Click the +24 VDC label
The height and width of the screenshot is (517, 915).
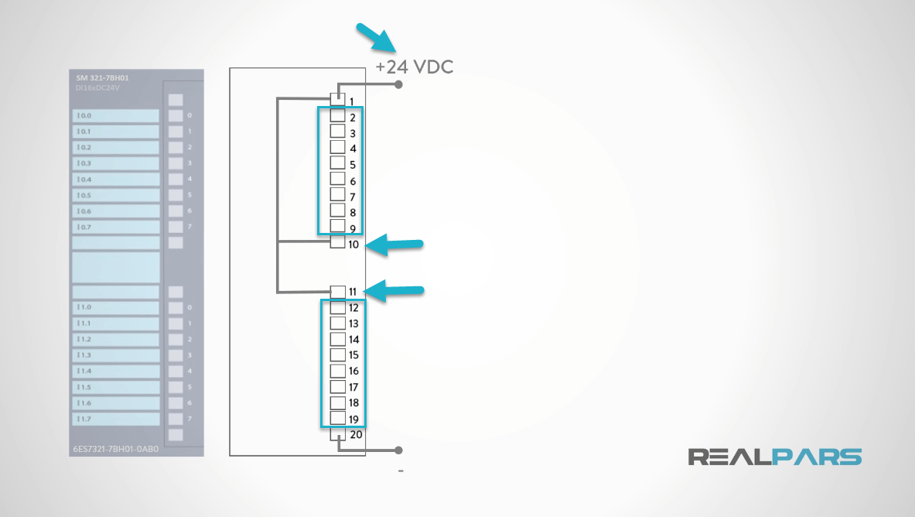(x=414, y=67)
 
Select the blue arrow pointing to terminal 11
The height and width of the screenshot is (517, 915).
(x=394, y=291)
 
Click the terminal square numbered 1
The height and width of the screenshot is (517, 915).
(x=338, y=99)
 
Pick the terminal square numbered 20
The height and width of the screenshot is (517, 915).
(x=338, y=434)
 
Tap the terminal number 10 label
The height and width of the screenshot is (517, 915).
(x=353, y=245)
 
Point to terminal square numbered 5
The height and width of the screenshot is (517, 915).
(x=338, y=163)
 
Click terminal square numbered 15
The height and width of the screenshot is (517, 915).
(x=338, y=354)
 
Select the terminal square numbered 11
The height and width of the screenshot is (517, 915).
(x=338, y=291)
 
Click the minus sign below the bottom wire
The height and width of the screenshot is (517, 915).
(x=401, y=471)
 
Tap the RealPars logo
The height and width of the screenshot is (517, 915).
(x=775, y=457)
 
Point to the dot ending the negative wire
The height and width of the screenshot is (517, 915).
(x=398, y=450)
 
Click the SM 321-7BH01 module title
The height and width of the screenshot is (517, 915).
(x=102, y=79)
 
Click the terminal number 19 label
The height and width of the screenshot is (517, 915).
(x=353, y=419)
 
